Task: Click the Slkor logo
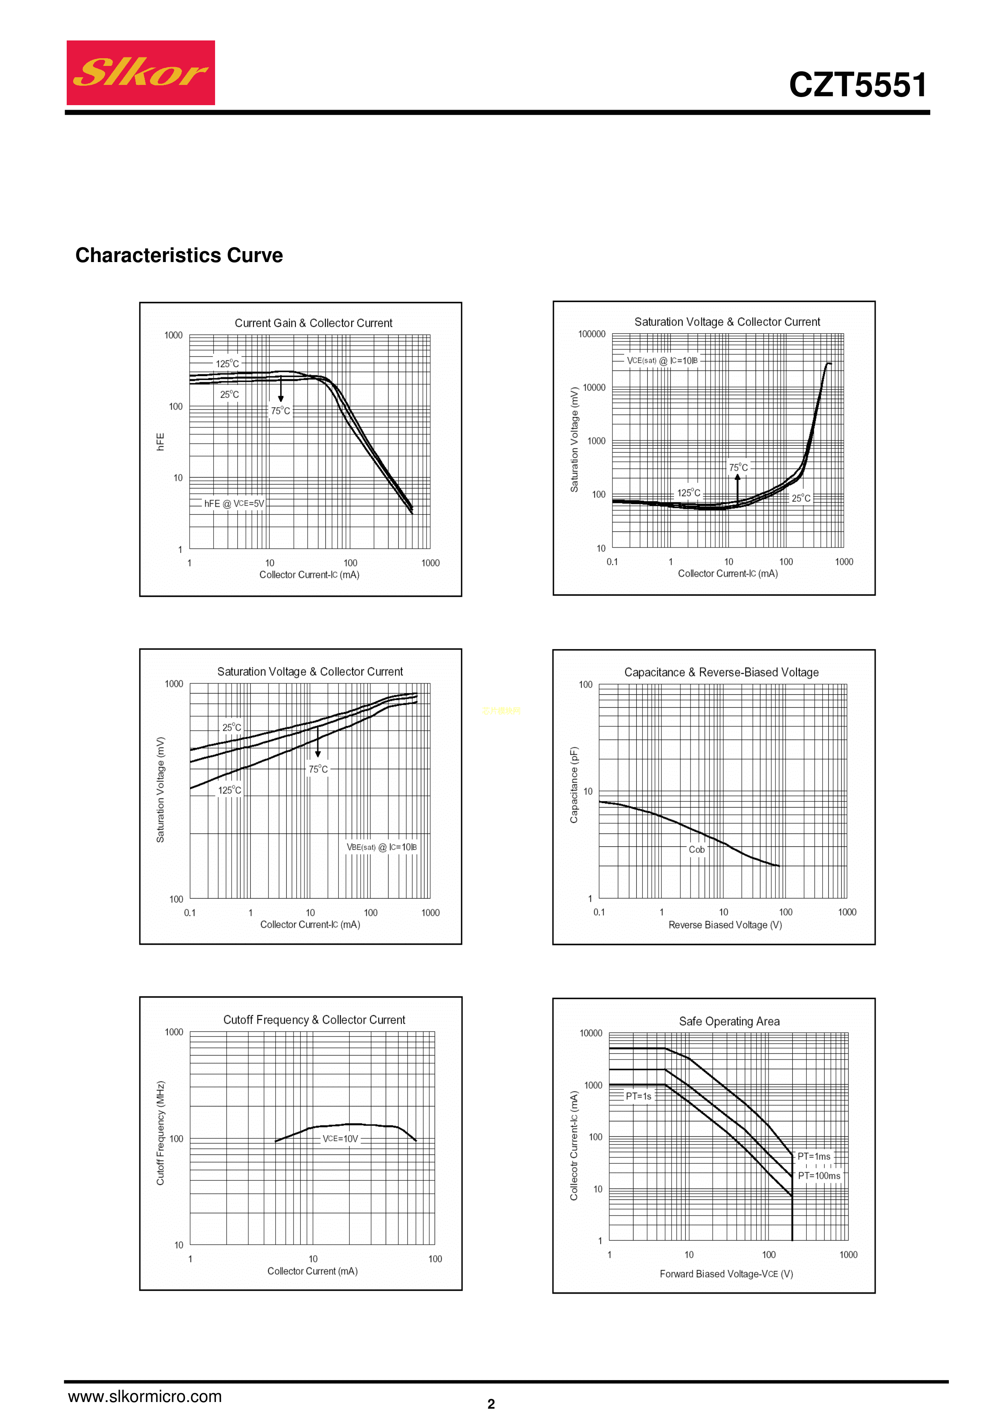(x=141, y=73)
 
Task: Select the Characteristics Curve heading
(x=179, y=255)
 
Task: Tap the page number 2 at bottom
(x=491, y=1404)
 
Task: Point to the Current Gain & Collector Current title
(x=313, y=323)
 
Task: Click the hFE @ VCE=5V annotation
(x=234, y=504)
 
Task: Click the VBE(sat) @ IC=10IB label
(x=381, y=847)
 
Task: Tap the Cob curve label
(x=697, y=850)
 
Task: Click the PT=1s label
(x=638, y=1096)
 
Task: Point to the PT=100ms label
(x=819, y=1176)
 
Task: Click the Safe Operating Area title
(x=729, y=1021)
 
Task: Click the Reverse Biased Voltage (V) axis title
(x=725, y=925)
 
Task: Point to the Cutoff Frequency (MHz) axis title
(x=160, y=1133)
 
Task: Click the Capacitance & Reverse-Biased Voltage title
(x=721, y=672)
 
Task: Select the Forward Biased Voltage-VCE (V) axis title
(x=726, y=1274)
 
